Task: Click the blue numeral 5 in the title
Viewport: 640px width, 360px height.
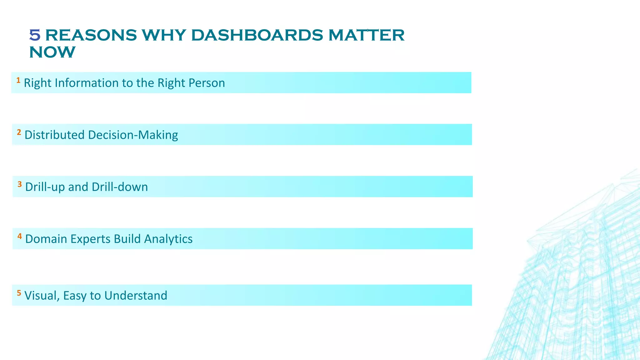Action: [x=35, y=35]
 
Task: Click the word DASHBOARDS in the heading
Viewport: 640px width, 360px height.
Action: [x=257, y=35]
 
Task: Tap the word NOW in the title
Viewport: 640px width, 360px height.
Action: [x=52, y=52]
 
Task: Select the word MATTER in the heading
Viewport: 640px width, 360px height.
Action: [x=366, y=35]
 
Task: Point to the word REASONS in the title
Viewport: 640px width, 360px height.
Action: [x=91, y=35]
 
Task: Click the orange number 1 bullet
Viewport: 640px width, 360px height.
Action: [x=18, y=81]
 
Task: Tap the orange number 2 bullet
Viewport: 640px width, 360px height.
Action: [x=19, y=132]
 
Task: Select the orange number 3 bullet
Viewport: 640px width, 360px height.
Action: [x=20, y=184]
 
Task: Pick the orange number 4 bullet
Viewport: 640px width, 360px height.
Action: [x=20, y=237]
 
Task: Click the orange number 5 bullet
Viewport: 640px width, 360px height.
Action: [x=19, y=293]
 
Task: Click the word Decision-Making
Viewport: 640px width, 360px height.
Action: [x=133, y=135]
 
